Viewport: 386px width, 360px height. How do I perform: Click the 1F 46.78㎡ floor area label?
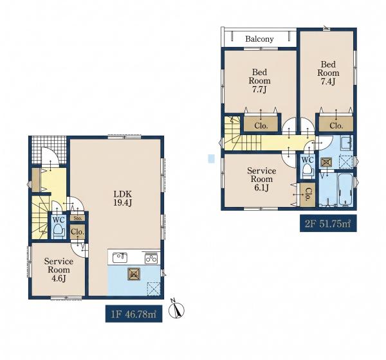tap(134, 314)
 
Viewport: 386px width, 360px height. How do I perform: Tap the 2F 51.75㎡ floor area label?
tap(328, 224)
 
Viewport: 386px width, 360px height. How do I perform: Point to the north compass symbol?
tap(176, 310)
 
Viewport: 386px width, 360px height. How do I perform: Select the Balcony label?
tap(259, 39)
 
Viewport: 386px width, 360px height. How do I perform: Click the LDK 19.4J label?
tap(123, 198)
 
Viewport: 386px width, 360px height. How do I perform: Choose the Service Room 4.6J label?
tap(59, 270)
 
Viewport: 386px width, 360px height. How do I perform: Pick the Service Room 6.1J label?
tap(261, 179)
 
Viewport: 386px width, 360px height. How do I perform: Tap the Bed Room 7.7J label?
tap(259, 81)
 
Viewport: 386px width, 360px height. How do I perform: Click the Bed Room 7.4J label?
tap(328, 73)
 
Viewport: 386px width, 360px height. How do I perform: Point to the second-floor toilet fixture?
tap(308, 170)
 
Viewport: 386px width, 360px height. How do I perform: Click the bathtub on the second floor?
tap(345, 190)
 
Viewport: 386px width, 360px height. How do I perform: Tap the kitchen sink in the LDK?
tap(120, 258)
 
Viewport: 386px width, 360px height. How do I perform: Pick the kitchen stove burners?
tap(151, 258)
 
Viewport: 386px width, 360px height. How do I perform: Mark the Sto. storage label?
tap(78, 218)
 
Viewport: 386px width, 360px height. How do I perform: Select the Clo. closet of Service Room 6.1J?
tap(308, 195)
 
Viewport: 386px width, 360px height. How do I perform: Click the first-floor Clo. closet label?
tap(78, 232)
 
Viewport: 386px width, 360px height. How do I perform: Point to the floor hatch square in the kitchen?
tap(134, 274)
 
